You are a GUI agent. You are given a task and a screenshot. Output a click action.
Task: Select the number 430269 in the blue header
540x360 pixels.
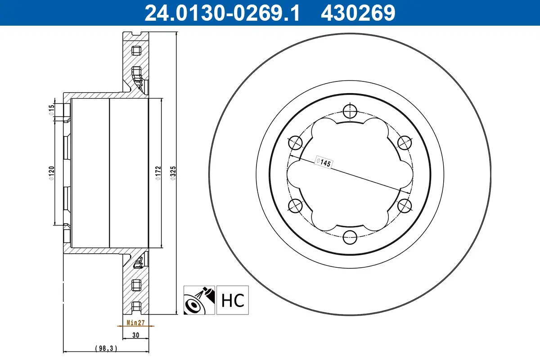pyautogui.click(x=358, y=13)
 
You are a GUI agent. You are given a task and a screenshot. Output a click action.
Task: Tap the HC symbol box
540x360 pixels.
pyautogui.click(x=232, y=300)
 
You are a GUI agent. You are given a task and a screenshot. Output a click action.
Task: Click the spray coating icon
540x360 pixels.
pyautogui.click(x=199, y=300)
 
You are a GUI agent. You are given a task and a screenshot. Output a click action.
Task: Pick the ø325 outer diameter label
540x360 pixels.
pyautogui.click(x=173, y=174)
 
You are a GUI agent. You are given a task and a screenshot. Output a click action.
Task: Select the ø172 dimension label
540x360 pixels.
pyautogui.click(x=158, y=174)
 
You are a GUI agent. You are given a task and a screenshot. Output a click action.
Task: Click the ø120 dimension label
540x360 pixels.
pyautogui.click(x=52, y=174)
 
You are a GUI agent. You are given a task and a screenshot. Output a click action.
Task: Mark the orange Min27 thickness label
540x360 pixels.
pyautogui.click(x=135, y=323)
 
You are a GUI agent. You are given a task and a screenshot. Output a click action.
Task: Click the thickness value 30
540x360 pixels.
pyautogui.click(x=135, y=335)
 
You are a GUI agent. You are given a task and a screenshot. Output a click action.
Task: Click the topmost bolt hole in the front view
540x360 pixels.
pyautogui.click(x=349, y=111)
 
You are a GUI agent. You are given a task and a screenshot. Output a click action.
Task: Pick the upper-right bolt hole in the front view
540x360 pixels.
pyautogui.click(x=404, y=143)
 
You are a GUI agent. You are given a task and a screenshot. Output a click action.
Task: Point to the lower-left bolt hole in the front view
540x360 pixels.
pyautogui.click(x=295, y=205)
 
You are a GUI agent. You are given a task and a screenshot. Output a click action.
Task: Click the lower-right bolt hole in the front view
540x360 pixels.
pyautogui.click(x=404, y=205)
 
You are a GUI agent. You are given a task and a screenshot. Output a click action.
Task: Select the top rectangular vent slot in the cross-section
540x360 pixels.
pyautogui.click(x=136, y=50)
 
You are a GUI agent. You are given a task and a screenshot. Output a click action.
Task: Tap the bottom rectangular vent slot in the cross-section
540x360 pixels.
pyautogui.click(x=136, y=285)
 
